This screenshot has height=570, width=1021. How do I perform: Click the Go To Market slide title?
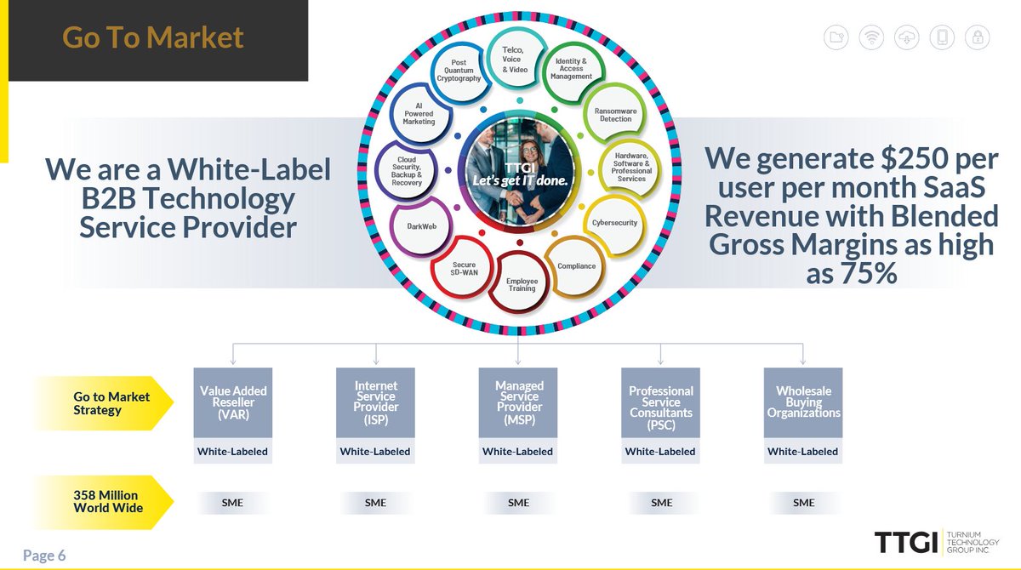point(153,37)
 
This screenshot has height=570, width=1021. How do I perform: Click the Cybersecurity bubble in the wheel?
point(613,223)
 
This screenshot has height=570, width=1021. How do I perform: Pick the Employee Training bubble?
point(522,284)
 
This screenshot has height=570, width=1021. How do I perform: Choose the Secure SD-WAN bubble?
point(465,270)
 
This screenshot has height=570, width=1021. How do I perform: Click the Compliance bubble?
point(576,266)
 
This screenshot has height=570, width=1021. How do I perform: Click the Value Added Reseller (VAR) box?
point(233,402)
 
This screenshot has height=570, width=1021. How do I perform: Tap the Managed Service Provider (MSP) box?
point(518,402)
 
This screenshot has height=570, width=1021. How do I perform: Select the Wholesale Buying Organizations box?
point(803,402)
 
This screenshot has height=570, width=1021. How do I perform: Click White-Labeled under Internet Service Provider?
point(375,452)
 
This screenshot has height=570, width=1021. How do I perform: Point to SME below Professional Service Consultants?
point(661,503)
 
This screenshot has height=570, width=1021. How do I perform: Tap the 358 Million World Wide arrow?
point(106,502)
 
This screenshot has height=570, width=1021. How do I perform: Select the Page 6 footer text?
point(44,556)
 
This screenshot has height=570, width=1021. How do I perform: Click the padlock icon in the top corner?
point(978,37)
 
